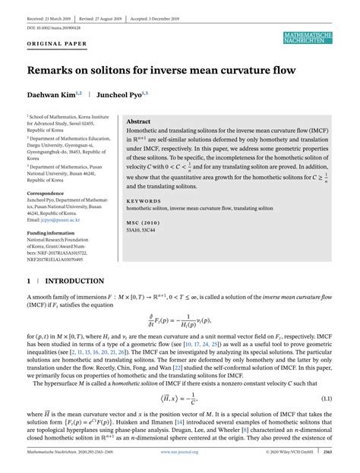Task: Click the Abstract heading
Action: pos(138,121)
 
